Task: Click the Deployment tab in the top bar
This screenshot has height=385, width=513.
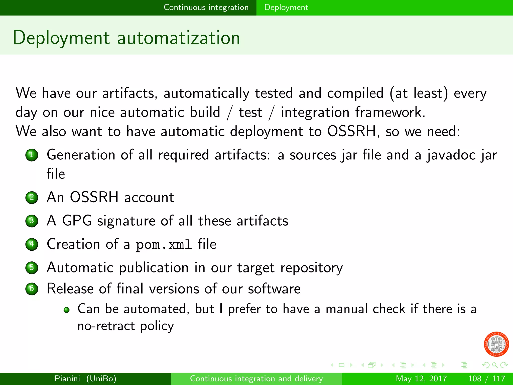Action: pyautogui.click(x=286, y=8)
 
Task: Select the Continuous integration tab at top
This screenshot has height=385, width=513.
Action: pyautogui.click(x=206, y=8)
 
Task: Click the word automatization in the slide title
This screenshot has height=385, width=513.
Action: pyautogui.click(x=178, y=38)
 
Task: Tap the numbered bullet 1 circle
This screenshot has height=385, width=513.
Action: pyautogui.click(x=32, y=155)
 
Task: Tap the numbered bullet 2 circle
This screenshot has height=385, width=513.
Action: pyautogui.click(x=32, y=198)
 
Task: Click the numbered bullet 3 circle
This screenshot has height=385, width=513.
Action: pyautogui.click(x=32, y=221)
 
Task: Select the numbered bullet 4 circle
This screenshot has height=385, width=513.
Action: pyautogui.click(x=32, y=244)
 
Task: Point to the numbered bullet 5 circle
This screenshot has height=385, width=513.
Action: pyautogui.click(x=32, y=267)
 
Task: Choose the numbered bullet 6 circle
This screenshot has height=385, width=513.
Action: pyautogui.click(x=32, y=289)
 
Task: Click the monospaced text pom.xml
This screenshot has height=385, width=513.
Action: pyautogui.click(x=164, y=245)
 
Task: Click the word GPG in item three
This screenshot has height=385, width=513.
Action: pyautogui.click(x=77, y=221)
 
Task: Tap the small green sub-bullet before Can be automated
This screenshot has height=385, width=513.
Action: pyautogui.click(x=66, y=310)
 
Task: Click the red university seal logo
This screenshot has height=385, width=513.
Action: pyautogui.click(x=496, y=344)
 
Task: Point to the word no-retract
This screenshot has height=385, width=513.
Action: pyautogui.click(x=106, y=326)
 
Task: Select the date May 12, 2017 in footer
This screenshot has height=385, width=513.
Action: pyautogui.click(x=421, y=378)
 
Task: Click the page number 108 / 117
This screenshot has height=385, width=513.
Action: pyautogui.click(x=486, y=378)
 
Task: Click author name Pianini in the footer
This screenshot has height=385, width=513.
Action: pyautogui.click(x=67, y=378)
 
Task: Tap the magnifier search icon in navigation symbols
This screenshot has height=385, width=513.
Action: pyautogui.click(x=495, y=365)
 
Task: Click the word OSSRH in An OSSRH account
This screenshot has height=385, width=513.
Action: pyautogui.click(x=94, y=197)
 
